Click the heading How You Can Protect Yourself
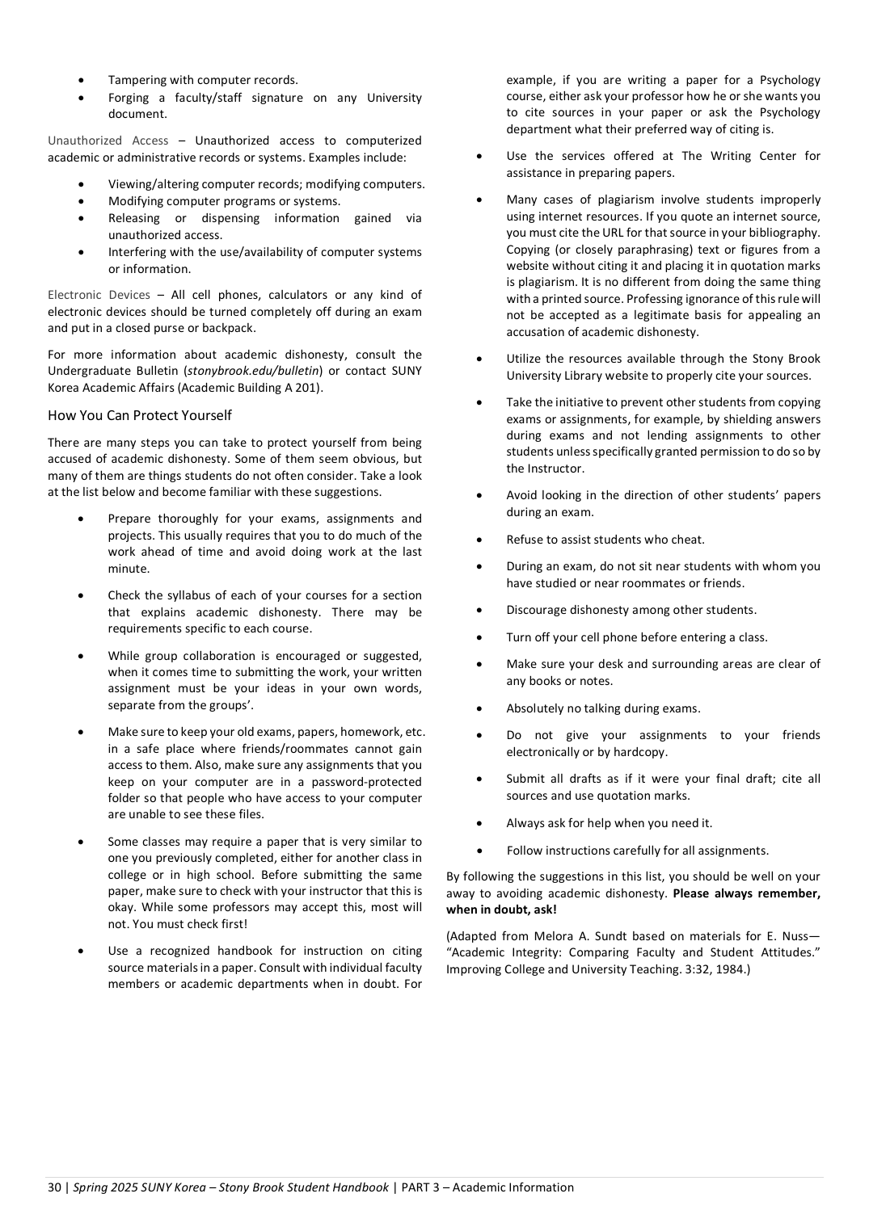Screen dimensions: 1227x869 [139, 415]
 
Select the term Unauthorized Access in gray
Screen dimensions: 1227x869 [108, 141]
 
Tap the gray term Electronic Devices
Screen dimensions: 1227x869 [99, 295]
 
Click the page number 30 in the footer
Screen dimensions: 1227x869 [54, 1187]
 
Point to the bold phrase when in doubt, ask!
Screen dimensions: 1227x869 [501, 910]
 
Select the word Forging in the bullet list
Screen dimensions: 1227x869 [129, 98]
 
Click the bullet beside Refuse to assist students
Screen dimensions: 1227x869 [480, 540]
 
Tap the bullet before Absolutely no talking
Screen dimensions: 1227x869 [480, 709]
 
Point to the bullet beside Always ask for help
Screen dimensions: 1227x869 [480, 824]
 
